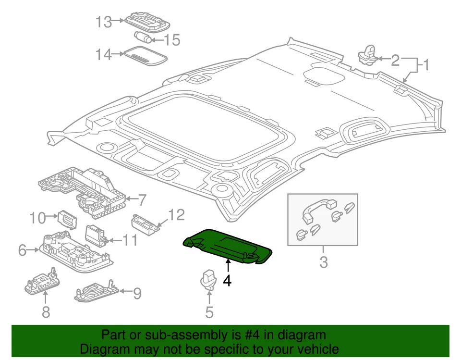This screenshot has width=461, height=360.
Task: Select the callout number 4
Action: pos(227,280)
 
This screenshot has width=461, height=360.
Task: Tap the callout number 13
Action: pos(103,22)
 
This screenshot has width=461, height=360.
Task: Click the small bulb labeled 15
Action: pos(143,37)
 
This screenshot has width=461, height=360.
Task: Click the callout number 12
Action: pos(176,215)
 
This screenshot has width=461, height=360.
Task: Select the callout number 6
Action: pos(22,250)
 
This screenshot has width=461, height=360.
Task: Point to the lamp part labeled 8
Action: pos(42,283)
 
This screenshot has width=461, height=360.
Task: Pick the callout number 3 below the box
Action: pos(323,263)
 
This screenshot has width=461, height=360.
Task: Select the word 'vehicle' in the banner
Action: pos(315,349)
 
